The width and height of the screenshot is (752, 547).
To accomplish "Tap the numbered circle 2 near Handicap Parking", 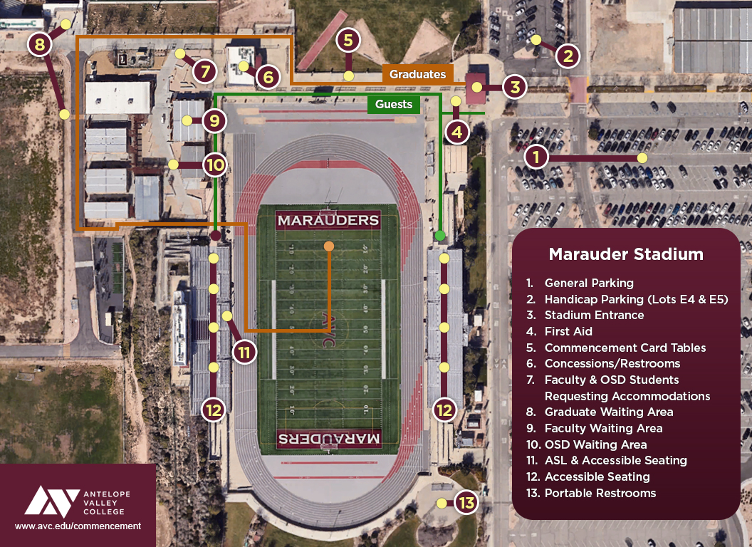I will click(567, 56).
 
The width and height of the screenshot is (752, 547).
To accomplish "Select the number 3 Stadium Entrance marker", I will click(514, 88).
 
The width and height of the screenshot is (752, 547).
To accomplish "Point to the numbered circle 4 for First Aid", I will click(457, 132).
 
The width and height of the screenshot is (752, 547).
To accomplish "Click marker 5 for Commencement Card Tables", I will click(348, 41).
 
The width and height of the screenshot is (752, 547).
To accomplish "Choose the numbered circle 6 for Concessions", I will click(267, 76).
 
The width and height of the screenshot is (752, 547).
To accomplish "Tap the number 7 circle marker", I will click(204, 71).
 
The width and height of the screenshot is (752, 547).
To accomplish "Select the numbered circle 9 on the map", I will click(214, 120).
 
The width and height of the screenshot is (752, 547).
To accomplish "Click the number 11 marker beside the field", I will click(244, 352).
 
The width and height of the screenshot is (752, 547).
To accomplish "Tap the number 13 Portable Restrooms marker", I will click(466, 504).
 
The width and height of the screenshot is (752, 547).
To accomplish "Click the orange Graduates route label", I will click(417, 74).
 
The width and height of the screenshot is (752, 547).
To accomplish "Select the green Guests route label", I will click(394, 105).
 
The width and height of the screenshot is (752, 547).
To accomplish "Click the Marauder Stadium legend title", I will click(625, 254).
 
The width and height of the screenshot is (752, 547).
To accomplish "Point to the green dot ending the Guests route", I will click(440, 235).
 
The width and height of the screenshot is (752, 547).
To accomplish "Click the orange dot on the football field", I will click(328, 246).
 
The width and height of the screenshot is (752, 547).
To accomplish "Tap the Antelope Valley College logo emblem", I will click(51, 501).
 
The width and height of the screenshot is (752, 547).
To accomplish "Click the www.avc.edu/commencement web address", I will click(78, 526).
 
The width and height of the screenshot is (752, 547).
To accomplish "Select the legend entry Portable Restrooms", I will click(600, 493).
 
